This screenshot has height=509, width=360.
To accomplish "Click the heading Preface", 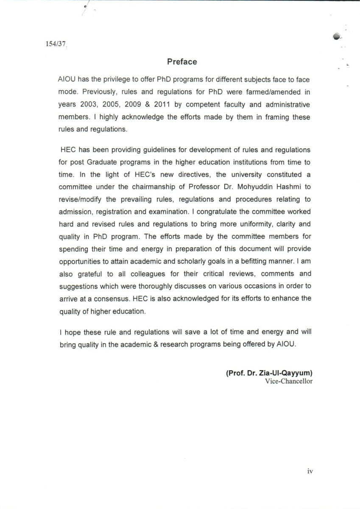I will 182,62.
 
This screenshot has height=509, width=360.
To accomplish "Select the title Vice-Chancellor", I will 289,381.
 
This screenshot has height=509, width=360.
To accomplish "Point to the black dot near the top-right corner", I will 336,37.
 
